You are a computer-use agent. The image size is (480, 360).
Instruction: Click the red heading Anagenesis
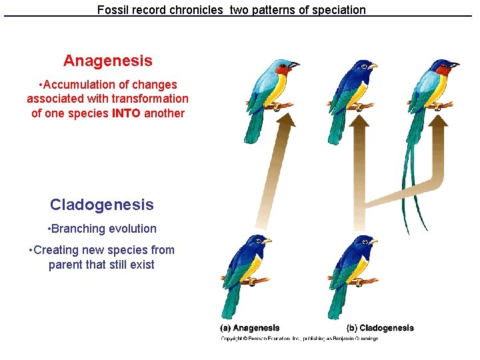pyautogui.click(x=107, y=61)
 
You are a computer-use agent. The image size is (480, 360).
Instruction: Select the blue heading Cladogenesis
pyautogui.click(x=101, y=205)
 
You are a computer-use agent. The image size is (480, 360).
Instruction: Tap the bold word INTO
pyautogui.click(x=126, y=113)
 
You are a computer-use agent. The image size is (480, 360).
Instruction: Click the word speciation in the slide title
pyautogui.click(x=335, y=10)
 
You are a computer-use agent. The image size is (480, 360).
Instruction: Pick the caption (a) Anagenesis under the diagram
pyautogui.click(x=250, y=328)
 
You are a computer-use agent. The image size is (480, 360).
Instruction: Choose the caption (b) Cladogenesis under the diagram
pyautogui.click(x=380, y=328)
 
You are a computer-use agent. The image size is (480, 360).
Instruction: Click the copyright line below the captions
pyautogui.click(x=299, y=339)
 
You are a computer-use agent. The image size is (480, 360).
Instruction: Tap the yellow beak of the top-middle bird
pyautogui.click(x=372, y=66)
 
